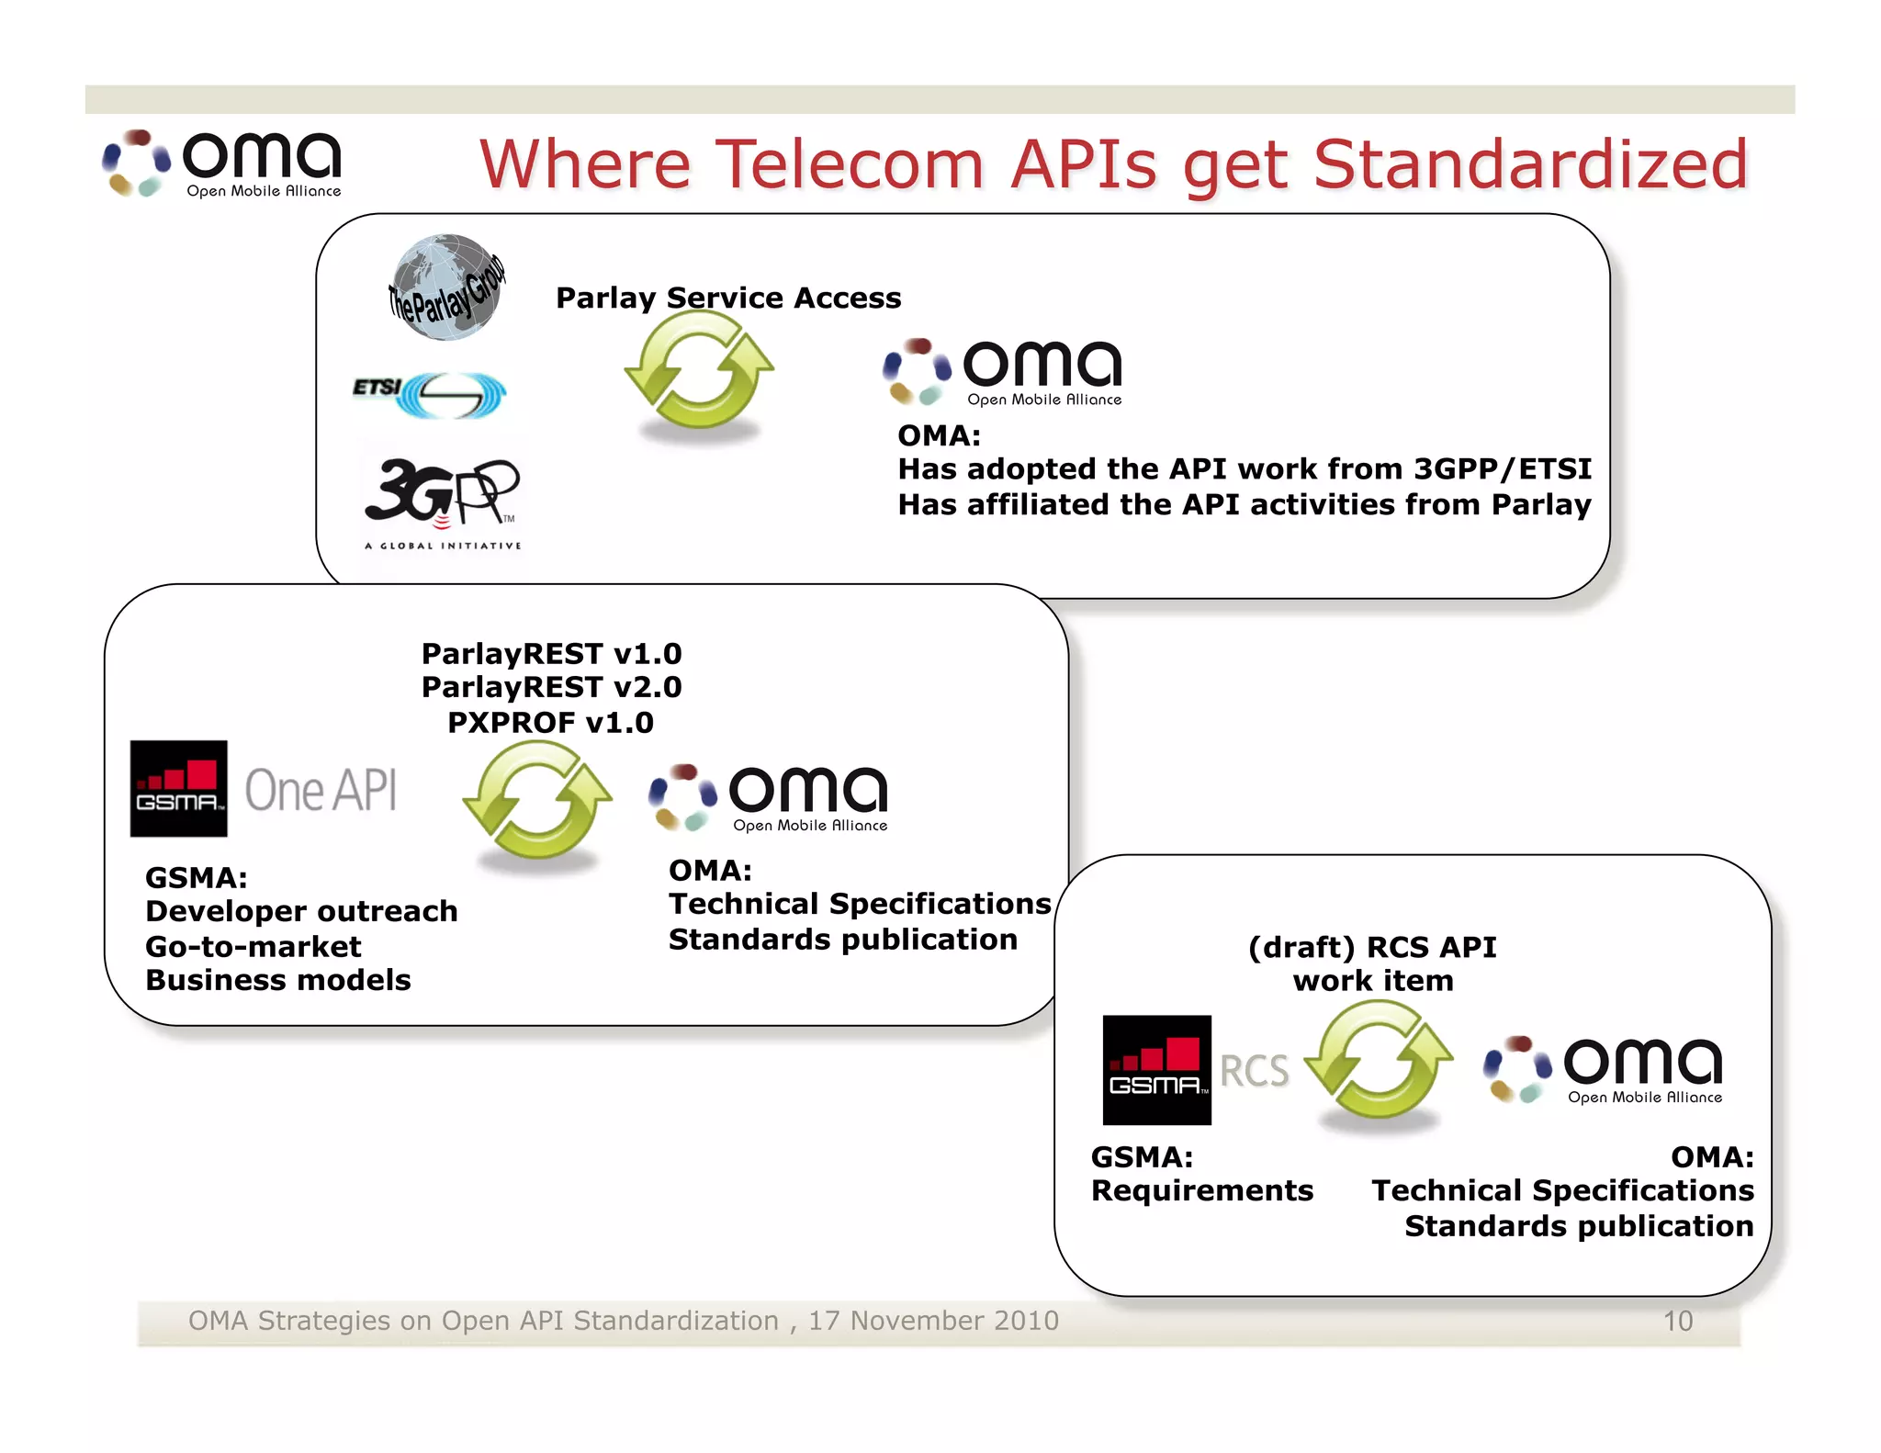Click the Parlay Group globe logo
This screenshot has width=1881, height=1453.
coord(446,287)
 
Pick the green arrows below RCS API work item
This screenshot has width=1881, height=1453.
coord(1379,1061)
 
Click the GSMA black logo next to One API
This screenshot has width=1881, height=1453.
coord(178,789)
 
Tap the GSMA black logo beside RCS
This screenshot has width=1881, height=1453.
coord(1156,1070)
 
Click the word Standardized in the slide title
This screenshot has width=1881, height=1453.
coord(1530,164)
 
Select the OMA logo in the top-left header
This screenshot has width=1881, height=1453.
coord(223,163)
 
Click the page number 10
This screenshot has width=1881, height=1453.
coord(1677,1321)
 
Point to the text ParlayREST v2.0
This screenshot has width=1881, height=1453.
coord(551,687)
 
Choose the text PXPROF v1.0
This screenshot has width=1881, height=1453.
coord(550,723)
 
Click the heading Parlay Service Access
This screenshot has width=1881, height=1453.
coord(728,298)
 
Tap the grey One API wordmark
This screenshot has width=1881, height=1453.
coord(321,791)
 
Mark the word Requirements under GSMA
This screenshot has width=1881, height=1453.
coord(1201,1190)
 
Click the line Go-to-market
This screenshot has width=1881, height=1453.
coord(253,946)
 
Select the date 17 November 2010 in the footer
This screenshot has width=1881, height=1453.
coord(933,1321)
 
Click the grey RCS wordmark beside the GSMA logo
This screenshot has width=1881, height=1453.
coord(1254,1071)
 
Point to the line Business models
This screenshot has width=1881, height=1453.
coord(278,980)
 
